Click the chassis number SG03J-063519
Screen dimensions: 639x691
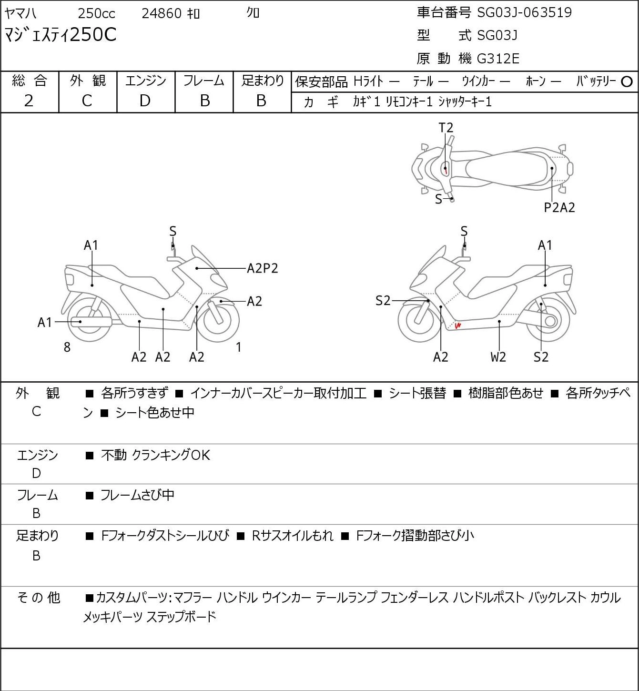pos(524,12)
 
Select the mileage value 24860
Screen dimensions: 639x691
pos(162,13)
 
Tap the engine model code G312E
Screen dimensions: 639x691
pos(497,59)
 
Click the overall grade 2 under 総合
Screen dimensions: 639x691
pos(29,101)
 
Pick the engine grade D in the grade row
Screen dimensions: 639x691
pos(145,101)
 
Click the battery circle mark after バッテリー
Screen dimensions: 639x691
pos(627,82)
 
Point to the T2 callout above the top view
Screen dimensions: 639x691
pos(446,128)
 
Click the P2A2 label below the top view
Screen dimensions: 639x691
pos(559,208)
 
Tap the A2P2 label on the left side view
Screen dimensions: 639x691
pos(263,268)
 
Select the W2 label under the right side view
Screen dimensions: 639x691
pos(498,357)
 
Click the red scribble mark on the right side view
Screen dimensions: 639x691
pos(458,325)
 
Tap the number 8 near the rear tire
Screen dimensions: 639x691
pos(67,347)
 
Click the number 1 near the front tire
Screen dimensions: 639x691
pos(238,347)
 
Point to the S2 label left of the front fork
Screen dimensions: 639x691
pos(383,301)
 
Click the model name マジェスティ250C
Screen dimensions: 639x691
pos(61,35)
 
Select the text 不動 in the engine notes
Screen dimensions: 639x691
pos(114,455)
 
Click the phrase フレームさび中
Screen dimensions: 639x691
pos(138,495)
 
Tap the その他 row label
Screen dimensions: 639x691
pos(39,598)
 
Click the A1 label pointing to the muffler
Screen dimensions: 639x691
pos(45,323)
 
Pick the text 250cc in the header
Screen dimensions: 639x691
pos(96,13)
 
